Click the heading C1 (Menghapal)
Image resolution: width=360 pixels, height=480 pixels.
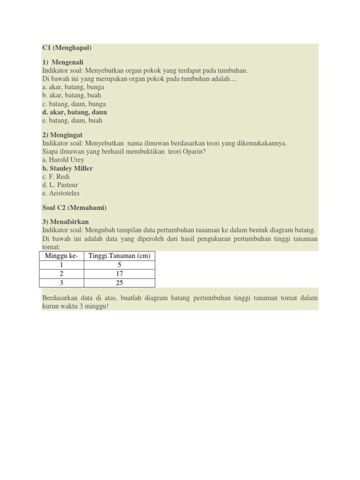[67, 48]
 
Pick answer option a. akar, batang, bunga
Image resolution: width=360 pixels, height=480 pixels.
[73, 87]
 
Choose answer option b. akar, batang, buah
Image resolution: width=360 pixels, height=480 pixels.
[72, 95]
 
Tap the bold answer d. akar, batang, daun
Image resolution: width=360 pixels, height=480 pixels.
[75, 112]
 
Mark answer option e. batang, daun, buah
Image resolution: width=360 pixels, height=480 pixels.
[72, 120]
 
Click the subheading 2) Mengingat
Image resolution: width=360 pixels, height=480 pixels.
[62, 135]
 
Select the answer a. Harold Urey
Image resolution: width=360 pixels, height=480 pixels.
[63, 160]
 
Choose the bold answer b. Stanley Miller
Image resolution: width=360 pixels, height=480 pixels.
[67, 168]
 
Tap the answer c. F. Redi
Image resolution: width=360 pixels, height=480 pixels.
[56, 177]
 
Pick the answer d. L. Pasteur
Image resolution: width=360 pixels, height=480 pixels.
[60, 185]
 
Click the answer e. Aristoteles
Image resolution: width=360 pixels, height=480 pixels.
[61, 193]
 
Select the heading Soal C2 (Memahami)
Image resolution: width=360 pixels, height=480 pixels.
[74, 208]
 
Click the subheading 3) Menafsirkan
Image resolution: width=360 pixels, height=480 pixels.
[65, 222]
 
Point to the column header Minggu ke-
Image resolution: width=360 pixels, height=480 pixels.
[61, 256]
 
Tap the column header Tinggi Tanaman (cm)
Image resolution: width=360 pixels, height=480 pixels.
[119, 256]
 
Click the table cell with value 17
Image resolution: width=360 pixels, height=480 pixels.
[119, 274]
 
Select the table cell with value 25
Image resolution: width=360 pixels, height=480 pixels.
[119, 283]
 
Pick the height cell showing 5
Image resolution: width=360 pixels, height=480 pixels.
[119, 265]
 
